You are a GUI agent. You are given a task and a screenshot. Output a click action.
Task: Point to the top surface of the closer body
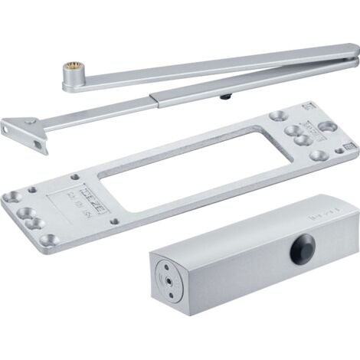(245, 230)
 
